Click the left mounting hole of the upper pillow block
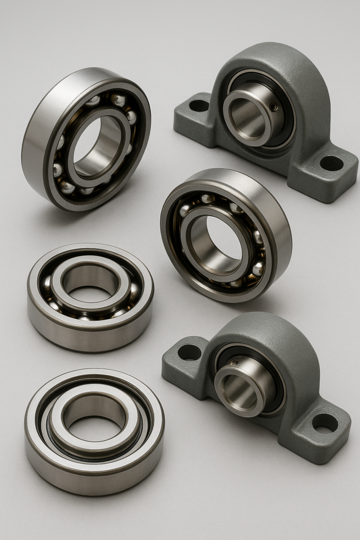click(x=199, y=105)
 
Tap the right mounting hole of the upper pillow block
click(x=331, y=163)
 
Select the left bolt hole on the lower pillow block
click(x=189, y=352)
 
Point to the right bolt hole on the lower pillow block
click(x=325, y=422)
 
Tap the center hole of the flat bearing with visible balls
click(x=91, y=282)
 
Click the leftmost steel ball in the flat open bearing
click(x=47, y=285)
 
